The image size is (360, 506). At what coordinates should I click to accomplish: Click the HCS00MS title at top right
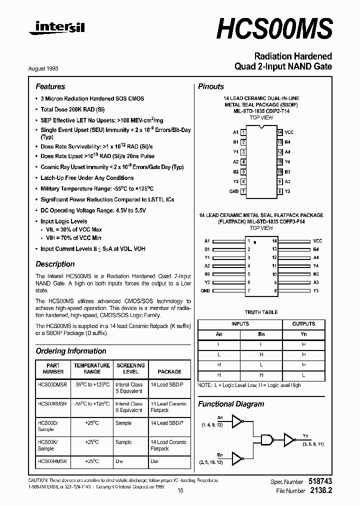274,29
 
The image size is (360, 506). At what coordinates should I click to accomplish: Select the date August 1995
50,68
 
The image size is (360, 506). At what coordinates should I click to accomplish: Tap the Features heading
50,86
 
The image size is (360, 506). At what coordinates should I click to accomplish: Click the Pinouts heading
211,86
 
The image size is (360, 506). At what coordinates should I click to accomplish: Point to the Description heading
55,264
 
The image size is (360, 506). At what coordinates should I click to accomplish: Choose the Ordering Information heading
71,351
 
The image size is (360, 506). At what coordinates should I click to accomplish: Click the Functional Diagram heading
231,404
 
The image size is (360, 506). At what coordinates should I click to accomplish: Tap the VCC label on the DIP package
289,132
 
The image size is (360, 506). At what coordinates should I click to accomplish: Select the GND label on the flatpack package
205,290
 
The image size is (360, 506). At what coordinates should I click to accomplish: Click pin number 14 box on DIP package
280,132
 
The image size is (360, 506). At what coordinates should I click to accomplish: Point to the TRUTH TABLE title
261,312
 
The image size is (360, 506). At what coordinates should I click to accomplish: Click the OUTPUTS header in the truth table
303,324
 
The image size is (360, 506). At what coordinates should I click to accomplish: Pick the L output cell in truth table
303,375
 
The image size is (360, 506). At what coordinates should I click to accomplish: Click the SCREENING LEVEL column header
130,368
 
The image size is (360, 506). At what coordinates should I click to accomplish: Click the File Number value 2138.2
321,491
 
